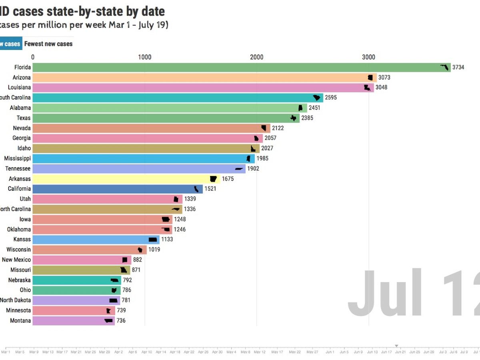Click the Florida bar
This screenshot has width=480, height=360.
(240, 67)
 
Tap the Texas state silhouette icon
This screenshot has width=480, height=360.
(294, 118)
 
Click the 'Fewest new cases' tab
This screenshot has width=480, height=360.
(48, 44)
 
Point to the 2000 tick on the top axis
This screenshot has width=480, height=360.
(256, 57)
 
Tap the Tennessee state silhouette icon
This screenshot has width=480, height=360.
(239, 169)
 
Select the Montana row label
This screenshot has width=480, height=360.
(20, 320)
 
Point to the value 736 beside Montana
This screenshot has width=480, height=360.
(121, 320)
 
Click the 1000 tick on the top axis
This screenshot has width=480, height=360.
(144, 57)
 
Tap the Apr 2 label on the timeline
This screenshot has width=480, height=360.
(118, 352)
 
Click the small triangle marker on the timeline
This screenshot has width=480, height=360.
(396, 346)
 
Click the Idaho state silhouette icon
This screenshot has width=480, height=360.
(253, 148)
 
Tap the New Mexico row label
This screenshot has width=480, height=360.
(16, 260)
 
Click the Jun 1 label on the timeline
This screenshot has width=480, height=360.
(330, 352)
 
